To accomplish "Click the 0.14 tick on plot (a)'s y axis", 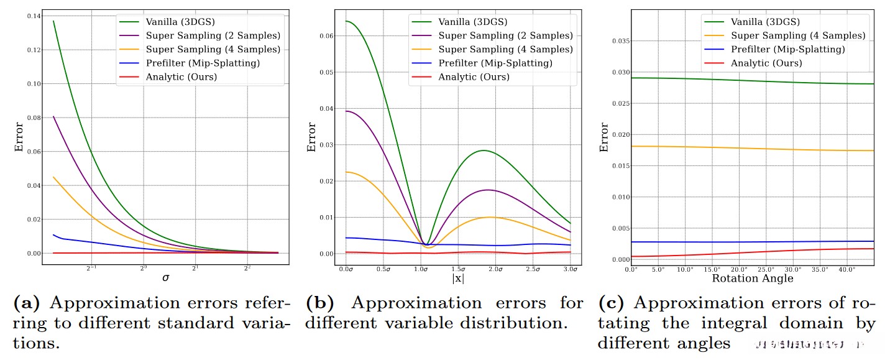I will click(x=30, y=16).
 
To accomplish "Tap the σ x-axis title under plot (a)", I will click(x=165, y=278).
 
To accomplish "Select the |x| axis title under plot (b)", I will click(x=458, y=279).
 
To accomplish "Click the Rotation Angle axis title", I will click(x=753, y=278).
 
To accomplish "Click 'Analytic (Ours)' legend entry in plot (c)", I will click(x=766, y=63).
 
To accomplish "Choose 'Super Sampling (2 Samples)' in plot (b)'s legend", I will click(x=506, y=35).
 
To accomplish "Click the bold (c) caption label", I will click(x=612, y=303).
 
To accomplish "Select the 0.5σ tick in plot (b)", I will click(x=384, y=269).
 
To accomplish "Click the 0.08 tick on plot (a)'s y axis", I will click(x=30, y=118).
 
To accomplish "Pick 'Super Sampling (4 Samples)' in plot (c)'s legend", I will click(x=798, y=36).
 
